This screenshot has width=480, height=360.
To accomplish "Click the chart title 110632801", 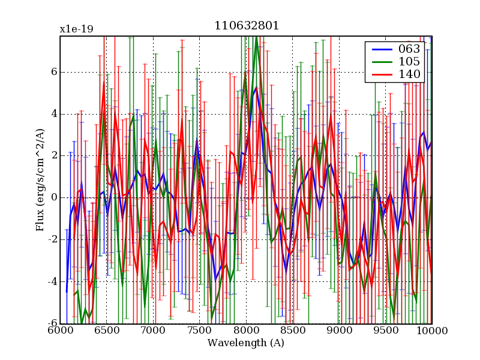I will [246, 26].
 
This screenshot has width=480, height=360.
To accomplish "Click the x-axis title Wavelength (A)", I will [246, 343].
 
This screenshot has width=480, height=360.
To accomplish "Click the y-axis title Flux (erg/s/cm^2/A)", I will [40, 180].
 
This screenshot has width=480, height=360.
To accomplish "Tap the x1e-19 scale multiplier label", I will [76, 29].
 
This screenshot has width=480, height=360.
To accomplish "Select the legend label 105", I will [409, 61].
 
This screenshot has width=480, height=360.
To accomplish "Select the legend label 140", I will [409, 74].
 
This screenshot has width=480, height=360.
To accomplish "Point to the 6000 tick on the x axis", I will [60, 331].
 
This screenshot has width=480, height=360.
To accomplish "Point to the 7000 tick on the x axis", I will [153, 331].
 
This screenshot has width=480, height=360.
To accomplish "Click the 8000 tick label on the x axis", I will [246, 331].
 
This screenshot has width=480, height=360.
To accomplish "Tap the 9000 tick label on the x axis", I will [339, 331].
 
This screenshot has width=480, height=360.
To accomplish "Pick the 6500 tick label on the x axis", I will [106, 331].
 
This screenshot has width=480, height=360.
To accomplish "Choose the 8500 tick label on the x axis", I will [292, 331].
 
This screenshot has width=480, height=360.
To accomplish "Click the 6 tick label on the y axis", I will [53, 72].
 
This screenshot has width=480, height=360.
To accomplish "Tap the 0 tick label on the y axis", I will [53, 198].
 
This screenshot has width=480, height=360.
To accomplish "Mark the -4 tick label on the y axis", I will [52, 282].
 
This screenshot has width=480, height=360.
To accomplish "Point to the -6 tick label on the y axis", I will [52, 324].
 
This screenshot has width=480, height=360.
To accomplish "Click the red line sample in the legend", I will [379, 74].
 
